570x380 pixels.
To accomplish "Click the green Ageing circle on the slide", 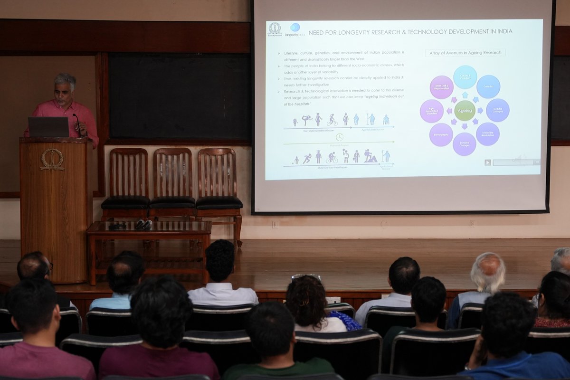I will pyautogui.click(x=465, y=111).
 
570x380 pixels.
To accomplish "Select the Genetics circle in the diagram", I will pyautogui.click(x=488, y=86).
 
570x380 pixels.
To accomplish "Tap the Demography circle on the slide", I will pyautogui.click(x=441, y=134).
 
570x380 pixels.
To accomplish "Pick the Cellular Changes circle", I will pyautogui.click(x=497, y=110).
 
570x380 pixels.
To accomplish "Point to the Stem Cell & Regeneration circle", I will pyautogui.click(x=441, y=87).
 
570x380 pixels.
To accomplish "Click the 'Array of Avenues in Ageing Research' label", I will pyautogui.click(x=465, y=53).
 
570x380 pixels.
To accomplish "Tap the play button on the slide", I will pyautogui.click(x=487, y=162).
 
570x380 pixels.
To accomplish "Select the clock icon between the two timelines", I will pyautogui.click(x=339, y=137).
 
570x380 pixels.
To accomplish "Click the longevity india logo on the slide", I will pyautogui.click(x=294, y=30).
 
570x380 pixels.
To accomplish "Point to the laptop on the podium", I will pyautogui.click(x=48, y=127).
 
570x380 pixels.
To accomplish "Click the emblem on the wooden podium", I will pyautogui.click(x=52, y=159).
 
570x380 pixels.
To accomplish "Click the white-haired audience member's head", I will pyautogui.click(x=487, y=272).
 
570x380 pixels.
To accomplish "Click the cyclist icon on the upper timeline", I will pyautogui.click(x=332, y=120).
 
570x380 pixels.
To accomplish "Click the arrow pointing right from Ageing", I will pyautogui.click(x=479, y=111).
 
